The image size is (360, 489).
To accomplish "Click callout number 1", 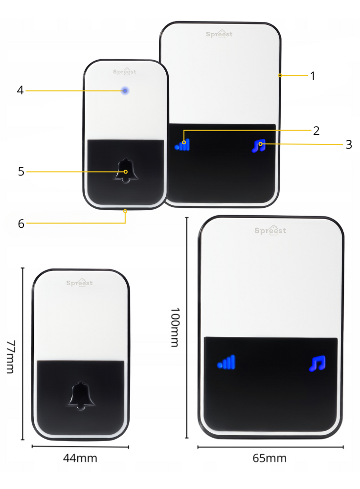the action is tap(313, 76).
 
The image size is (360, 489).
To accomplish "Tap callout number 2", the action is tap(316, 131).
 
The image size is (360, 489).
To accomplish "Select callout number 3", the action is tap(349, 144).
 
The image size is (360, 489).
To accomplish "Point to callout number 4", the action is tap(20, 90).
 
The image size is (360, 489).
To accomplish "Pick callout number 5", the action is tap(21, 172).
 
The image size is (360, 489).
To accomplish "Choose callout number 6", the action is tap(21, 223).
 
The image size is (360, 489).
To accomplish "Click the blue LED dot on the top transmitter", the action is tap(125, 91).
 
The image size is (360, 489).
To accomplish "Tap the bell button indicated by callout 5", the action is tap(125, 171).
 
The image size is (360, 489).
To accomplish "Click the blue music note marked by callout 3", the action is tap(259, 146).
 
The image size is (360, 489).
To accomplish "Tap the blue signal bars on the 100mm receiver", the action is tap(226, 362).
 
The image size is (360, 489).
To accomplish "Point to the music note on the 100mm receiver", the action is tap(317, 363).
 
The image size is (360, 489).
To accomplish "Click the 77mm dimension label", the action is tap(11, 357).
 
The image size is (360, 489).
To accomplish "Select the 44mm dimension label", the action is tap(80, 458).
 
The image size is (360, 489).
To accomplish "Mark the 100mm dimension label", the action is tap(175, 327).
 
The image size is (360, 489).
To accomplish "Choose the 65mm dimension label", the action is tap(270, 458).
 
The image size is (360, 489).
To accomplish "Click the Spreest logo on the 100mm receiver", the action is tap(270, 230).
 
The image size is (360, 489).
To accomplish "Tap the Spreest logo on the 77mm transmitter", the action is tap(80, 283).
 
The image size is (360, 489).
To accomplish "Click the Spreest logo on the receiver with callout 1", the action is tap(219, 34).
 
